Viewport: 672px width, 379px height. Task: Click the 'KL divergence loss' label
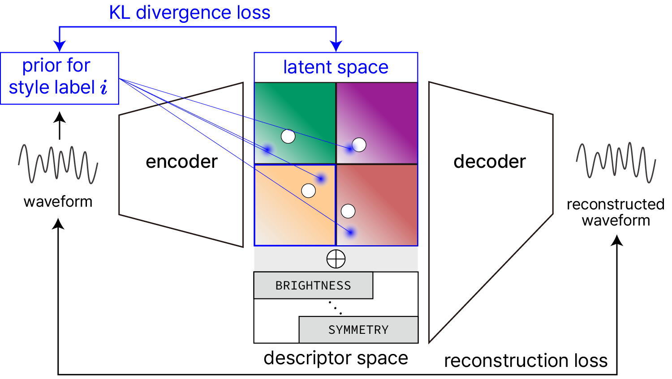190,13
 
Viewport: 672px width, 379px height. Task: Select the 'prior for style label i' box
59,78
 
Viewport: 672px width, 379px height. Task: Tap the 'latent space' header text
336,68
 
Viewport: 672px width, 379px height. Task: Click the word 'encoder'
181,162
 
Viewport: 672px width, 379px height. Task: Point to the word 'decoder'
489,162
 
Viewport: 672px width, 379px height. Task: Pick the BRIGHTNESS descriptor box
313,285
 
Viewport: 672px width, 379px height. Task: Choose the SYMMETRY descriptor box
358,330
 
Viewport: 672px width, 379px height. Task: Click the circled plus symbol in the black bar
336,259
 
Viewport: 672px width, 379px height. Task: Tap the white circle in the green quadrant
288,136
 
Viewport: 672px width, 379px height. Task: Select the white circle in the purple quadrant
359,145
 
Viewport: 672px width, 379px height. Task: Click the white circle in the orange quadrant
308,191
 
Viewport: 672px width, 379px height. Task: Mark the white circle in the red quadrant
348,211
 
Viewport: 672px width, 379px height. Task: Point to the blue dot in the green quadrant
267,149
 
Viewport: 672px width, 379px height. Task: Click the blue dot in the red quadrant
351,232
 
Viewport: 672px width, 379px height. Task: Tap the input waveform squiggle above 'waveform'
58,164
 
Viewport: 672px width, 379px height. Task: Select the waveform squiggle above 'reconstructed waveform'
616,162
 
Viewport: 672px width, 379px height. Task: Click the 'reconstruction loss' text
526,361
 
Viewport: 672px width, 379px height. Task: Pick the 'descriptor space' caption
336,358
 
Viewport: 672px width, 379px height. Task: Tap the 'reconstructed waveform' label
616,212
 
